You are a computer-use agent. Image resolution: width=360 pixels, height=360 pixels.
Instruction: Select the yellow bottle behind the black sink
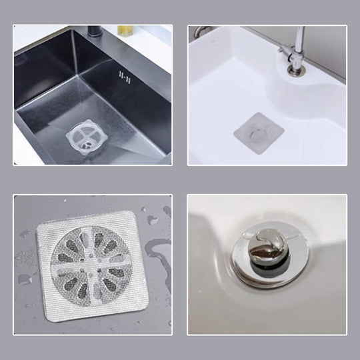125,30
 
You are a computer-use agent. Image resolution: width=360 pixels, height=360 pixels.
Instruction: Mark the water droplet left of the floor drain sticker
25,233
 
